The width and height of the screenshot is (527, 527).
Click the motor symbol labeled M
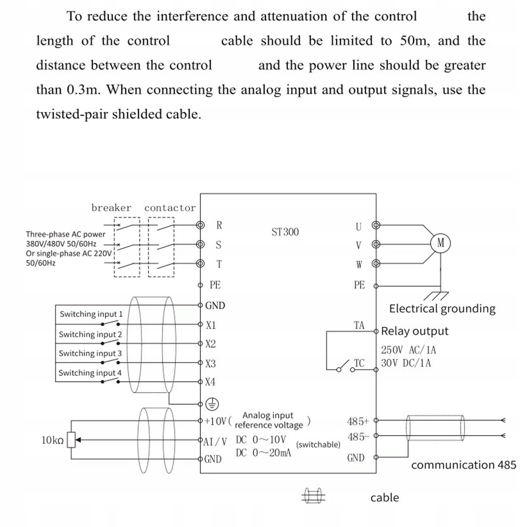click(440, 243)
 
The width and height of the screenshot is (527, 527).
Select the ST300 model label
click(285, 232)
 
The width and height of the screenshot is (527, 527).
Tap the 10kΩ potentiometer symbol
click(71, 440)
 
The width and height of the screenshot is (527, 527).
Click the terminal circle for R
click(200, 225)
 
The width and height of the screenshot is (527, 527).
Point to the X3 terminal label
click(210, 363)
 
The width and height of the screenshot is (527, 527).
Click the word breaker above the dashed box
click(111, 208)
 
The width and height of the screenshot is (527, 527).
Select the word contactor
click(170, 208)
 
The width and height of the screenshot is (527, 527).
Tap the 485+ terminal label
click(358, 421)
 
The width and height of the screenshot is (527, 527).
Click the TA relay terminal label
click(359, 325)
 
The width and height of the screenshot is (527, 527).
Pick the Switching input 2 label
click(90, 334)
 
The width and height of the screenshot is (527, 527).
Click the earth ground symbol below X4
click(212, 404)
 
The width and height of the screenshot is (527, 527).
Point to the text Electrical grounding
click(442, 308)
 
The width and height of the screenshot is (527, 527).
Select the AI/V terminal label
click(215, 441)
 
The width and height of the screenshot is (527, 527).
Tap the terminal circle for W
click(376, 263)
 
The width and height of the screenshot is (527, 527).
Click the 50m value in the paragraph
click(415, 41)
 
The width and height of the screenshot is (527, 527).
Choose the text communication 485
click(463, 465)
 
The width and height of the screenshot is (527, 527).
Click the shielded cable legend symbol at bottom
click(313, 496)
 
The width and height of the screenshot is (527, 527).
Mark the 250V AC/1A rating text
click(408, 350)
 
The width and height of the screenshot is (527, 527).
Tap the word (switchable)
click(318, 444)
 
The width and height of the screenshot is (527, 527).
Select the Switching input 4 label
click(90, 373)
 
